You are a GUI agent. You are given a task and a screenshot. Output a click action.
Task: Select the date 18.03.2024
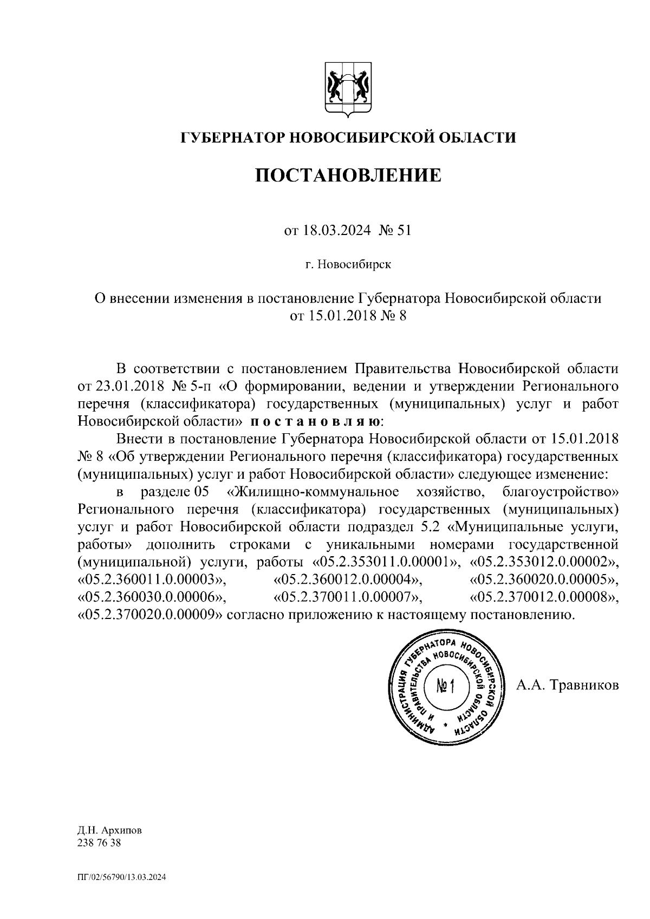coord(335,231)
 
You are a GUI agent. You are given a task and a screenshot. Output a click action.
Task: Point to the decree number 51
coord(404,231)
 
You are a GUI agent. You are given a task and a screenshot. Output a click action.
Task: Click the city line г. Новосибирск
coord(348,265)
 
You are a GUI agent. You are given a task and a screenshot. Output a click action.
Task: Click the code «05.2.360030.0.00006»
coord(151,597)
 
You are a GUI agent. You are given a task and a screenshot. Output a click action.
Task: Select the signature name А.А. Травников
coord(567,686)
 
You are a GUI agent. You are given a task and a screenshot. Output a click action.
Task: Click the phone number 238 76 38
coord(100,843)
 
